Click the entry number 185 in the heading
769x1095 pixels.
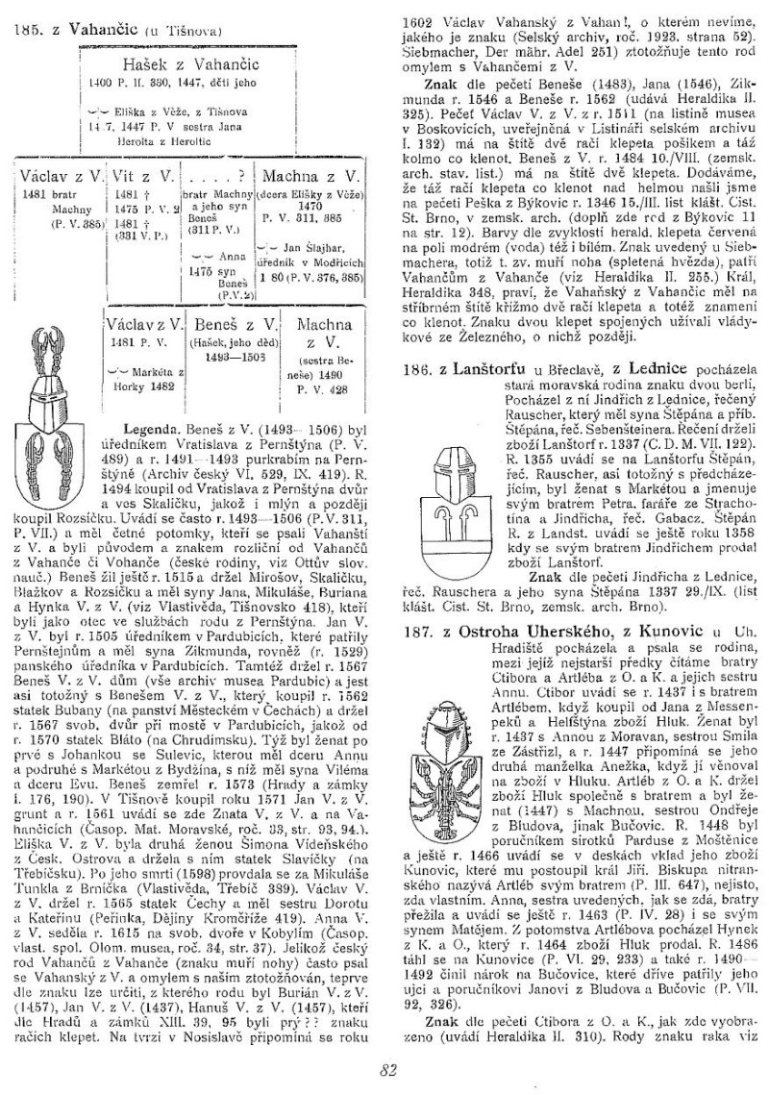[x=26, y=31]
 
